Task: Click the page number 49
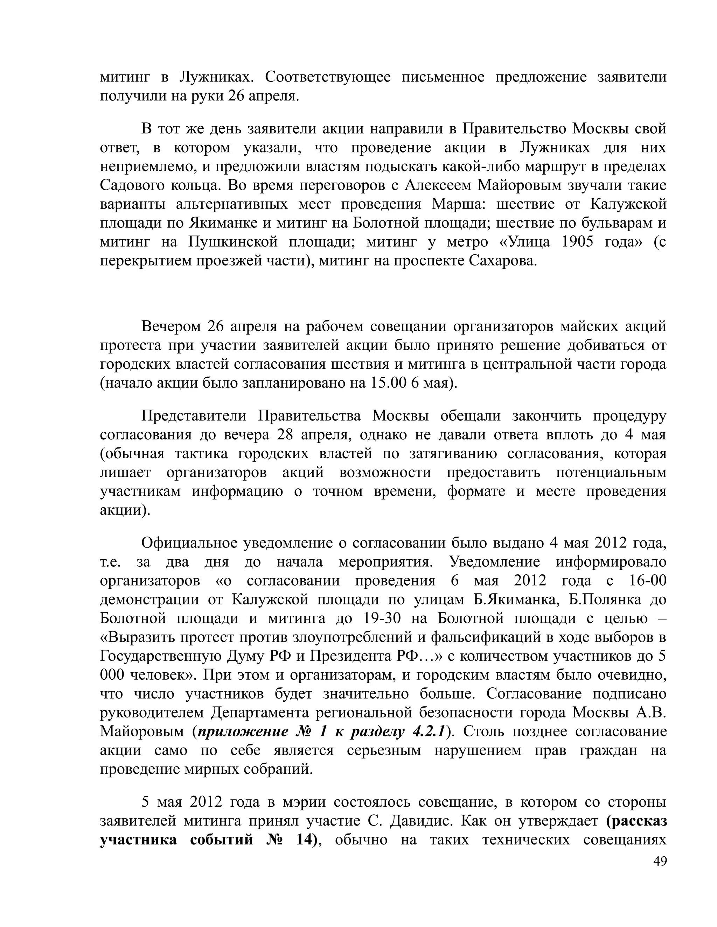660,861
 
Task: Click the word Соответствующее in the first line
328,77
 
